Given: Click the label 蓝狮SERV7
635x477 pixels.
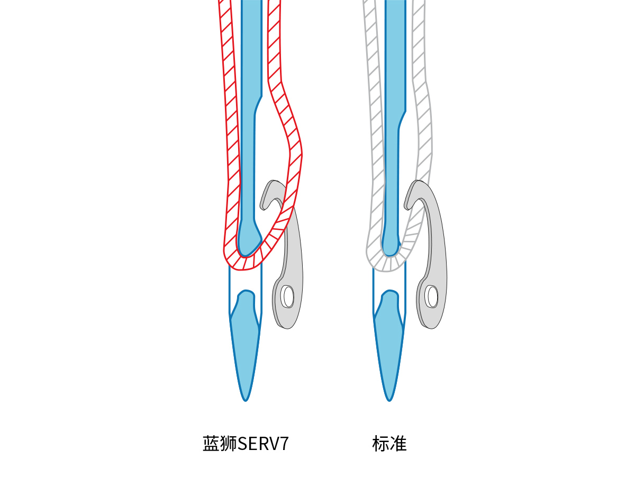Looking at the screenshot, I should pyautogui.click(x=246, y=444).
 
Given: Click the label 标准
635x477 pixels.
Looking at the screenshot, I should pyautogui.click(x=389, y=444).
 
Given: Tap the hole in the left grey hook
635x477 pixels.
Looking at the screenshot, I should pyautogui.click(x=288, y=296).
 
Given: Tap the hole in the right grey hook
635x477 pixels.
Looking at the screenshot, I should pyautogui.click(x=432, y=296).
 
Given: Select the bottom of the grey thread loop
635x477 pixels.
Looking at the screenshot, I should pyautogui.click(x=389, y=265).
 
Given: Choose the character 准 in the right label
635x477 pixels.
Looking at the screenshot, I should pyautogui.click(x=398, y=444).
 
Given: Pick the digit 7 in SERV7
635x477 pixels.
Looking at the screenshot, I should pyautogui.click(x=284, y=444).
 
